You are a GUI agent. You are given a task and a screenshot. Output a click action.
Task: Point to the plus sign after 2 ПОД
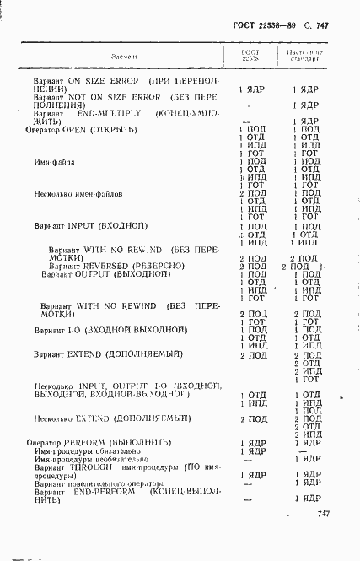pos(322,265)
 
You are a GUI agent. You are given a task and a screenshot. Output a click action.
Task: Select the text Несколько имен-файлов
pos(78,193)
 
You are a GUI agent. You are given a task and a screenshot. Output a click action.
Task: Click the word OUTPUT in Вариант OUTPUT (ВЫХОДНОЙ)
pos(89,274)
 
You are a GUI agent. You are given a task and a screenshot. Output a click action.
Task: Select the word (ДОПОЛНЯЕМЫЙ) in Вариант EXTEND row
pos(142,354)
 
